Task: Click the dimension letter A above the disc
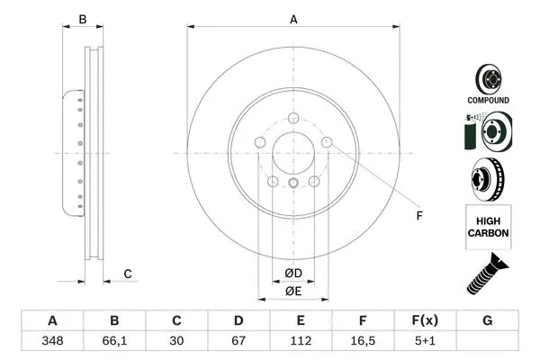293,18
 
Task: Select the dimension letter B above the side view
82,18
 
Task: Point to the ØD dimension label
294,273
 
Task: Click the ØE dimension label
294,291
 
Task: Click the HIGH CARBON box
488,226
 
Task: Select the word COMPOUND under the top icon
488,101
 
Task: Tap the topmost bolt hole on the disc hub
294,115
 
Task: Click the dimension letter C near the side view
128,274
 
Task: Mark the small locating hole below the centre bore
294,183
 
